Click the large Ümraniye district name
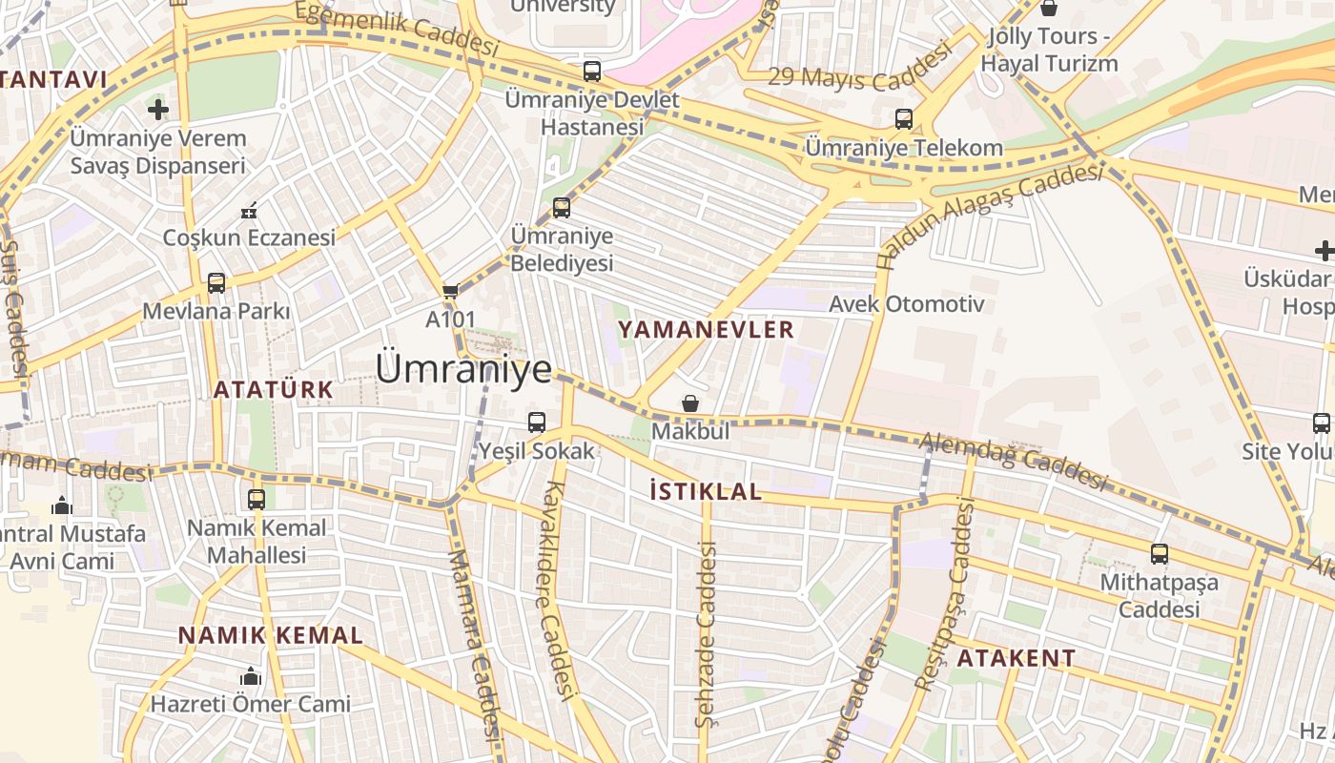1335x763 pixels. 463,369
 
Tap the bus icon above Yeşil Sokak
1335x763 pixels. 537,422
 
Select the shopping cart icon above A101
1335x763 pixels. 450,291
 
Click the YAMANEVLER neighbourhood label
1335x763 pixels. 706,330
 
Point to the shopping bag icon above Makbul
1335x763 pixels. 690,404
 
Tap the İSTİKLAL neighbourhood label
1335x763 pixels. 705,492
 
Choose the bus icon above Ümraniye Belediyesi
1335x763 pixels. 562,208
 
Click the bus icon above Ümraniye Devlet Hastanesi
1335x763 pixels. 592,71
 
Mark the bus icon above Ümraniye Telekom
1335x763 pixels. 904,119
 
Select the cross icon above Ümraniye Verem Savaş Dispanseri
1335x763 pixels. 158,110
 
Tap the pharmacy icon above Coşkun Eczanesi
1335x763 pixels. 250,210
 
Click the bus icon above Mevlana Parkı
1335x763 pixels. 216,283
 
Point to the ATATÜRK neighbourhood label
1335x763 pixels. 273,389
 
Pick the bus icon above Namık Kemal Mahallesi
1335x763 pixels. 257,499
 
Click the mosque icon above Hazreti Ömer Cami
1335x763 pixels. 251,676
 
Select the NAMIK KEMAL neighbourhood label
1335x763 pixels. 271,635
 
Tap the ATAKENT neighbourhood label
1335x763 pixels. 1016,658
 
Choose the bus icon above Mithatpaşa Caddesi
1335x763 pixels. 1160,553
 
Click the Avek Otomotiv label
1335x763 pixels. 906,304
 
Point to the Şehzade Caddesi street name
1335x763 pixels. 706,634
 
